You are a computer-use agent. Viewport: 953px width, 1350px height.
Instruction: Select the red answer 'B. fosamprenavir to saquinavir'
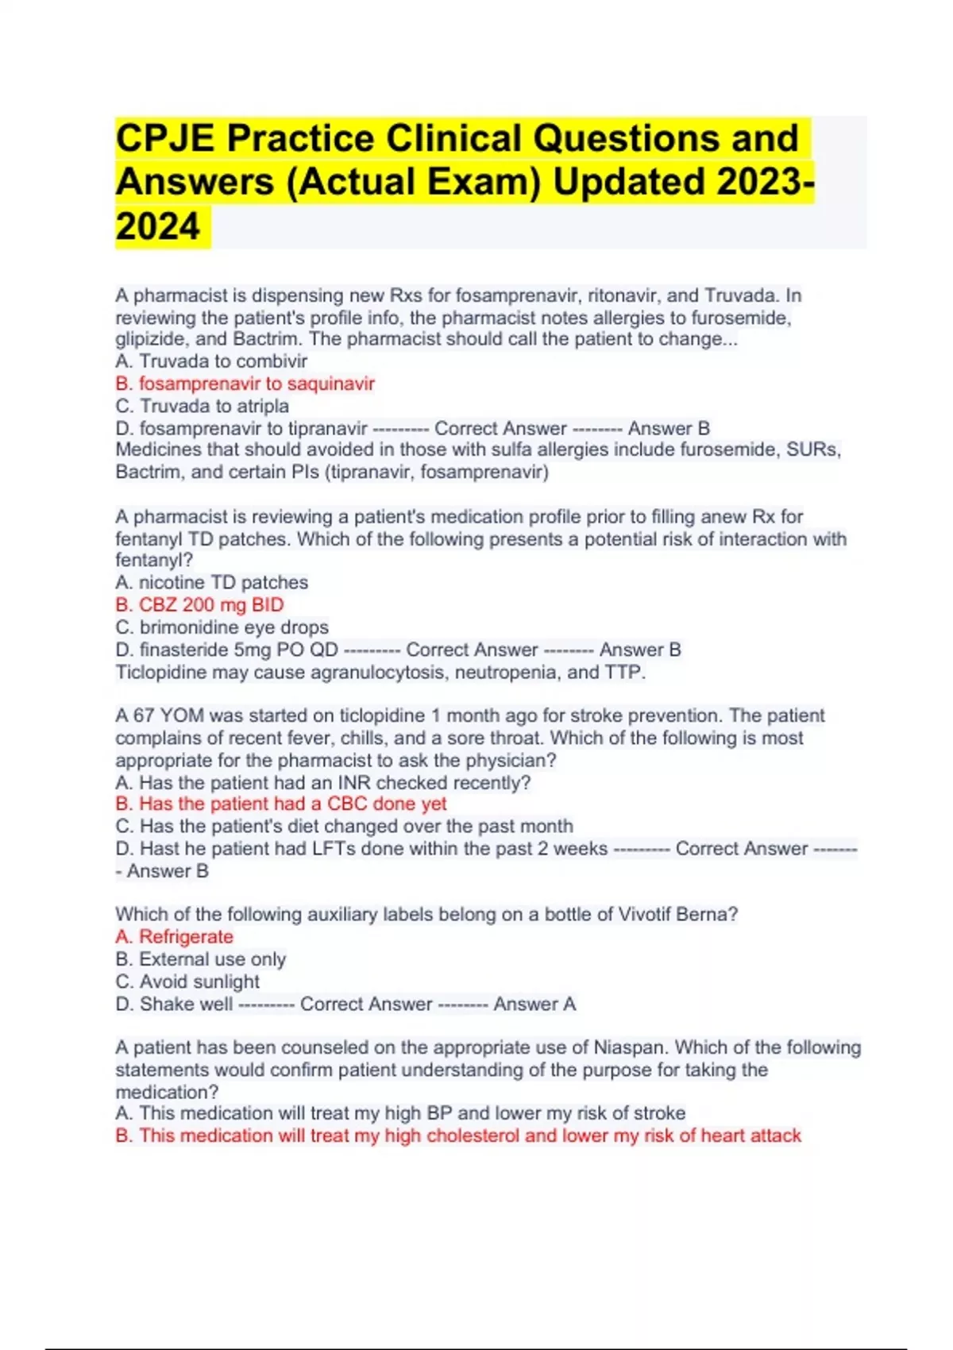245,384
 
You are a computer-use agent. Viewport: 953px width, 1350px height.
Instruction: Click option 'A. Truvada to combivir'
210,361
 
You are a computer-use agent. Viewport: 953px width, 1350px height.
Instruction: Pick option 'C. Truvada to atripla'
202,406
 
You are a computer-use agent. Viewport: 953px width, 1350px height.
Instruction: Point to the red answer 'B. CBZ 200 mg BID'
199,605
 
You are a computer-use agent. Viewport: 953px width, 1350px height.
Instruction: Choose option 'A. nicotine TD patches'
211,583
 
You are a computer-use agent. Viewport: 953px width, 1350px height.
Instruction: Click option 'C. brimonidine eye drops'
222,627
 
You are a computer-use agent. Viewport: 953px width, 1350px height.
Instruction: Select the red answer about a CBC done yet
281,804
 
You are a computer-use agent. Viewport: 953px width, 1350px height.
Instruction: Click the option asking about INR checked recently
322,782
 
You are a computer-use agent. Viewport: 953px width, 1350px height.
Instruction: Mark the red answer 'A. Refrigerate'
174,937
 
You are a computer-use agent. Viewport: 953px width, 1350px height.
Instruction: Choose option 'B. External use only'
200,959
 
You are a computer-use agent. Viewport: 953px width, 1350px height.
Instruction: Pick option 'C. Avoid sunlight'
187,982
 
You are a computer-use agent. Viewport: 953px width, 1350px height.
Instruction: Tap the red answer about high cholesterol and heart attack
458,1136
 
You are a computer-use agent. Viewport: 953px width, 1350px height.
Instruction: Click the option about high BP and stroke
400,1113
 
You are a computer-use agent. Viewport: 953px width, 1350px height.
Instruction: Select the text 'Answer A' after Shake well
534,1005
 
